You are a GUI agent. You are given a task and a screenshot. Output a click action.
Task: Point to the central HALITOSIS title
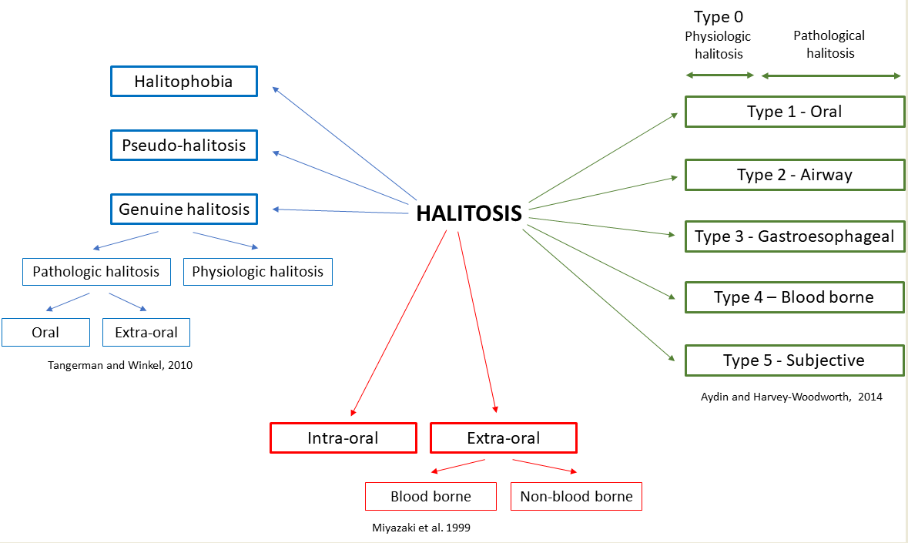coord(469,213)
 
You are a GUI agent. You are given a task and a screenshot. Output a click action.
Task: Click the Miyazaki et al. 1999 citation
coord(421,528)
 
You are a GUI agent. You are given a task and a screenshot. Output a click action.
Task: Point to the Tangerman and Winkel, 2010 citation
coord(120,365)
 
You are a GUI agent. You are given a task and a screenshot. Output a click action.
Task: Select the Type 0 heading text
coord(719,17)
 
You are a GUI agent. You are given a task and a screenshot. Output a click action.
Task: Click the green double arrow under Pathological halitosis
coord(831,75)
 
